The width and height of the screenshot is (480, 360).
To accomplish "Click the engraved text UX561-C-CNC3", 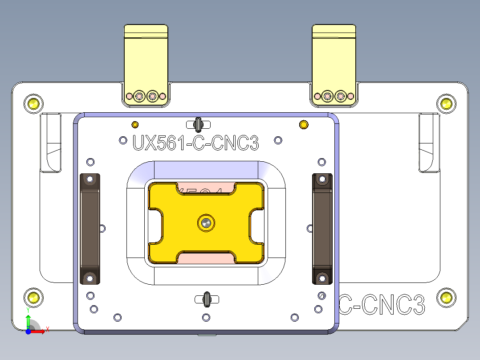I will pos(195,143).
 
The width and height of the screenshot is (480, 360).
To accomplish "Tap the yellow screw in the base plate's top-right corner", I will pos(446,104).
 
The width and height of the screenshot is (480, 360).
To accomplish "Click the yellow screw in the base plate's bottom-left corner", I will pos(33,297).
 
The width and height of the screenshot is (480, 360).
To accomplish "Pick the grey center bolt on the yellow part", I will pos(205,222).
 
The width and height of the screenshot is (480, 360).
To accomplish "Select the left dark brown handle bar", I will pos(89,229).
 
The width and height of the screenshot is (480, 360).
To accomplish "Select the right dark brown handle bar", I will pos(322,229).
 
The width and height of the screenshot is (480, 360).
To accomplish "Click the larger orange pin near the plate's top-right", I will pos(304,124).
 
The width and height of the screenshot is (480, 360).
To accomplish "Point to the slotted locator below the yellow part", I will pos(207,299).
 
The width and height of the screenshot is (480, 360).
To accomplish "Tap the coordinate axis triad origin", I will pos(28,331).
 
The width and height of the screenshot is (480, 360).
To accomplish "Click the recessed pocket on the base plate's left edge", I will pos(51,143).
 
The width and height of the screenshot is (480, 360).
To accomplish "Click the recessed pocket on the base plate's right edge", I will pos(429,143).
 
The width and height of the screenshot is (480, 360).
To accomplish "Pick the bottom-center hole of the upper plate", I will pos(206,317).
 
